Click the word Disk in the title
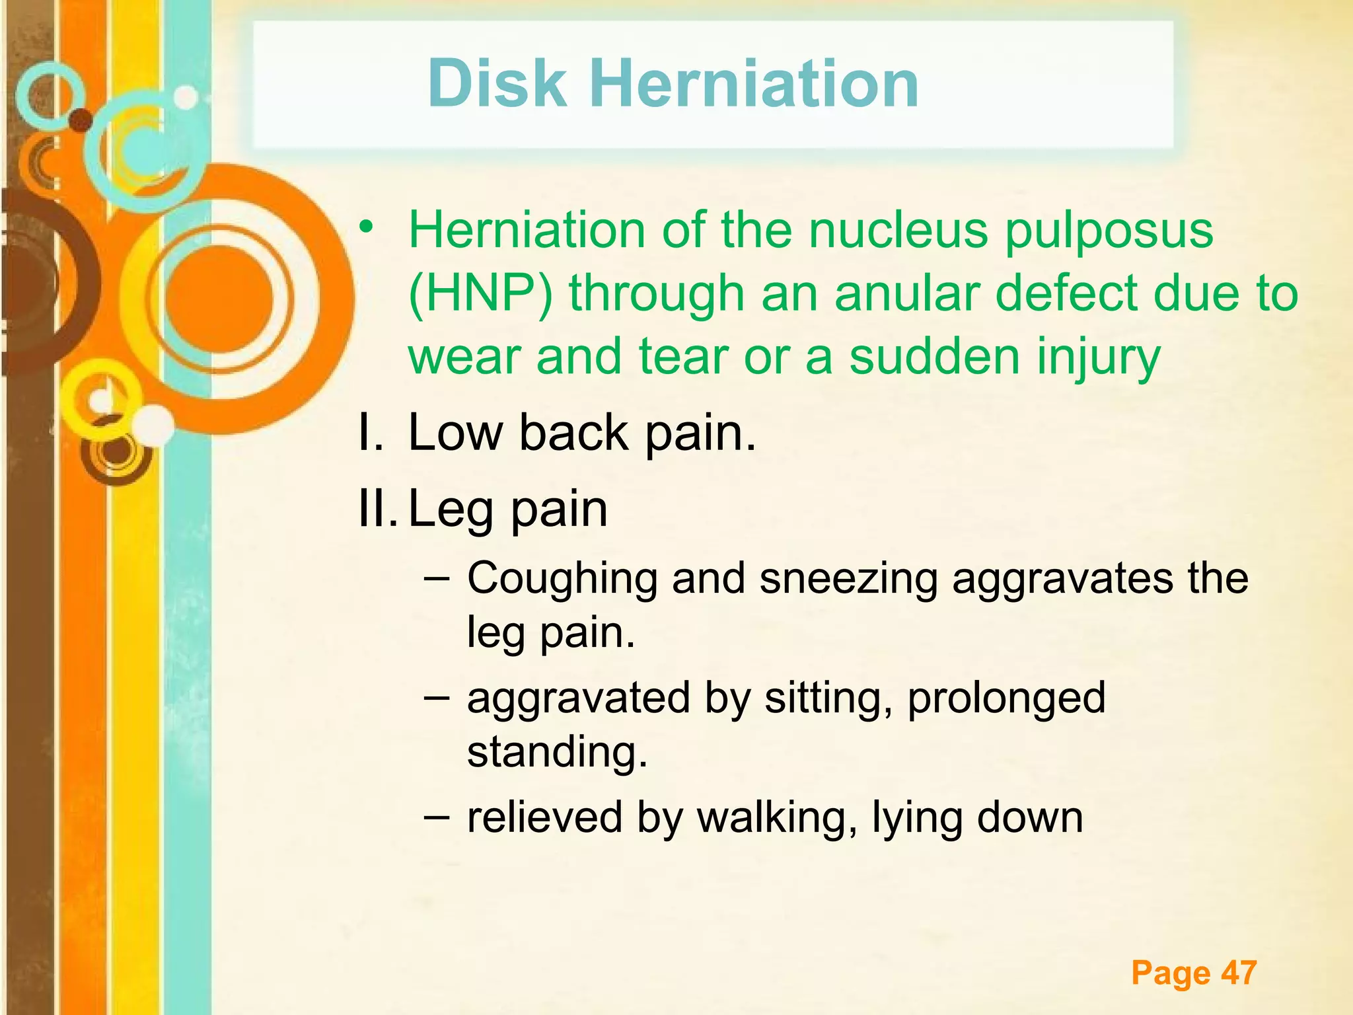pos(497,84)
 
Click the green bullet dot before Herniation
pos(367,227)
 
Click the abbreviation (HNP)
pos(481,295)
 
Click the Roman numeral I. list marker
pos(370,432)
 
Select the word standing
pos(557,753)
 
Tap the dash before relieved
pos(437,816)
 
